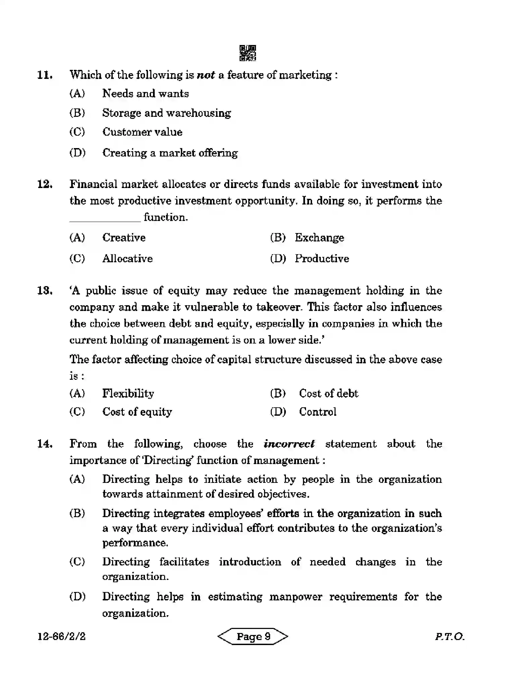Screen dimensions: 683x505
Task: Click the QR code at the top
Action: coord(248,53)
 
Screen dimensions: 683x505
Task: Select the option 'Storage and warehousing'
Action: coord(166,113)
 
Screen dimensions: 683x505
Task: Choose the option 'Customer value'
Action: coord(142,132)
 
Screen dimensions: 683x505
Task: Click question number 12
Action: coord(44,184)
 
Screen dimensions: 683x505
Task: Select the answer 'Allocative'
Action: coord(127,259)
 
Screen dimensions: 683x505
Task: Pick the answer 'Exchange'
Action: coord(319,238)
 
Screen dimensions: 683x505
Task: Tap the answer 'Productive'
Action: coord(321,259)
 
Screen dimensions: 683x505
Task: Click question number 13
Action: coord(44,290)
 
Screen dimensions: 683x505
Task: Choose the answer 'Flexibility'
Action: coord(128,393)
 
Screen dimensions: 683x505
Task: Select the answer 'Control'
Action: coord(317,412)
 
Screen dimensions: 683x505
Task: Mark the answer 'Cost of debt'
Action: coord(328,393)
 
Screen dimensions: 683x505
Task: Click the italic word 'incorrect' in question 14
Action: coord(289,444)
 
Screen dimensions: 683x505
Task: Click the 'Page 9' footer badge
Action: coord(253,637)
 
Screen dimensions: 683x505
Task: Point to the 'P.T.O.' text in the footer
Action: coord(449,637)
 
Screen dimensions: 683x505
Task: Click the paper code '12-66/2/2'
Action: coord(61,637)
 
